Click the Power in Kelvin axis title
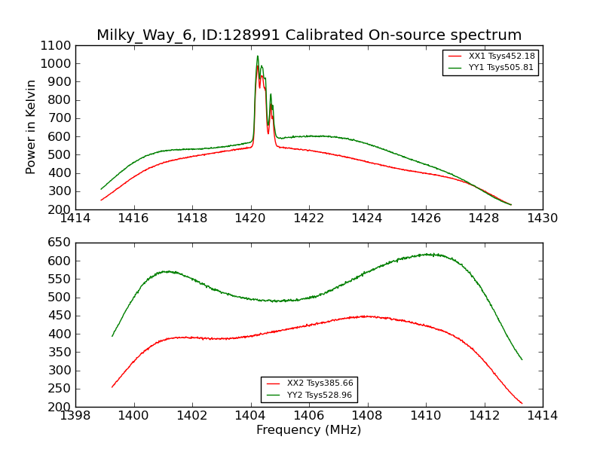(32, 127)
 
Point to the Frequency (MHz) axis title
(308, 430)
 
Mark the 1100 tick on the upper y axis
(56, 46)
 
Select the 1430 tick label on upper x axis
(542, 218)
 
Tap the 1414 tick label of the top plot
(76, 218)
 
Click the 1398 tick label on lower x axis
(76, 416)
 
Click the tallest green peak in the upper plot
(257, 56)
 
